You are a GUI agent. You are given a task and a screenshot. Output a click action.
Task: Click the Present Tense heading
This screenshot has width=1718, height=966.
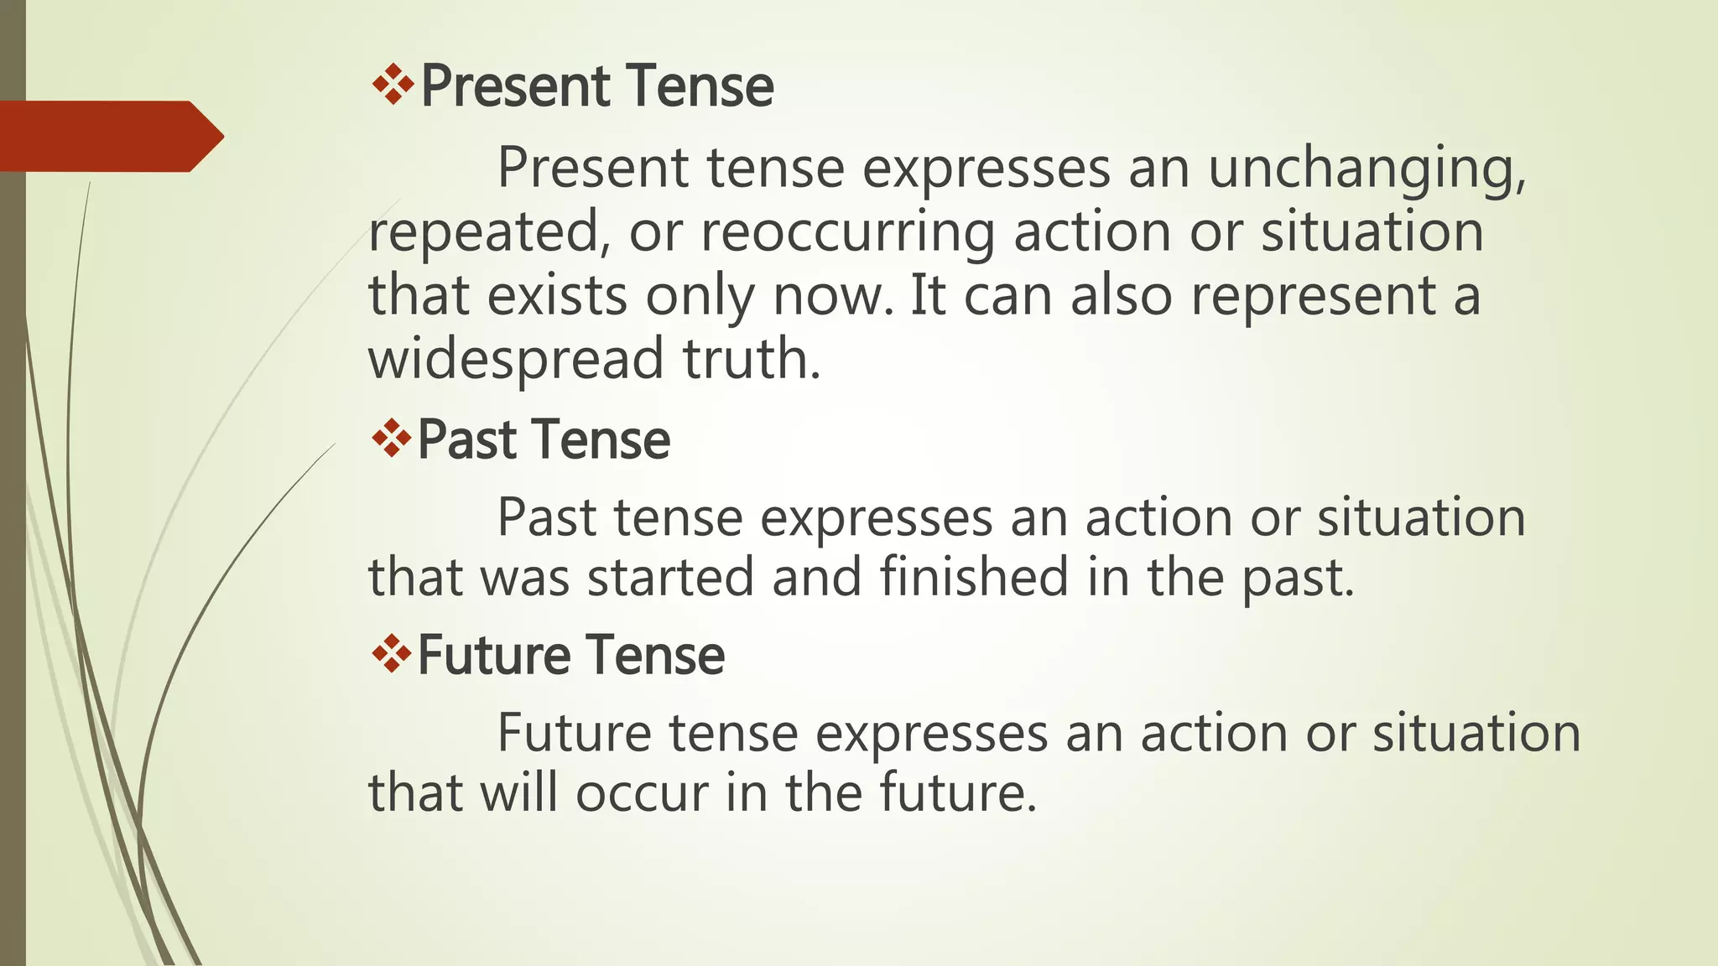596,86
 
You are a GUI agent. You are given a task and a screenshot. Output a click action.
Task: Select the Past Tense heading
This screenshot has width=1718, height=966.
544,440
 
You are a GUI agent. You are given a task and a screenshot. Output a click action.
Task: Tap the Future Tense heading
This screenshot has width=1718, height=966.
570,655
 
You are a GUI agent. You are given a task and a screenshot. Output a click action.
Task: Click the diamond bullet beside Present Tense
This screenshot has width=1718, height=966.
393,85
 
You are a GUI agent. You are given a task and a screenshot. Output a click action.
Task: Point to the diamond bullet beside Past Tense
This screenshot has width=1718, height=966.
391,439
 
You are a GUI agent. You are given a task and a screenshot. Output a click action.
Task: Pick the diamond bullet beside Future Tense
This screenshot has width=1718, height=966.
391,653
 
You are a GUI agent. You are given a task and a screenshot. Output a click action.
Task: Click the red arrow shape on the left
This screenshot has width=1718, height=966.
109,137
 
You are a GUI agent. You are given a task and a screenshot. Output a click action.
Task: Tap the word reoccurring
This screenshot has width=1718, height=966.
848,232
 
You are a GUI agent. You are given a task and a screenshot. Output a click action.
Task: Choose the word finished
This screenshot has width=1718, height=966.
974,577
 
